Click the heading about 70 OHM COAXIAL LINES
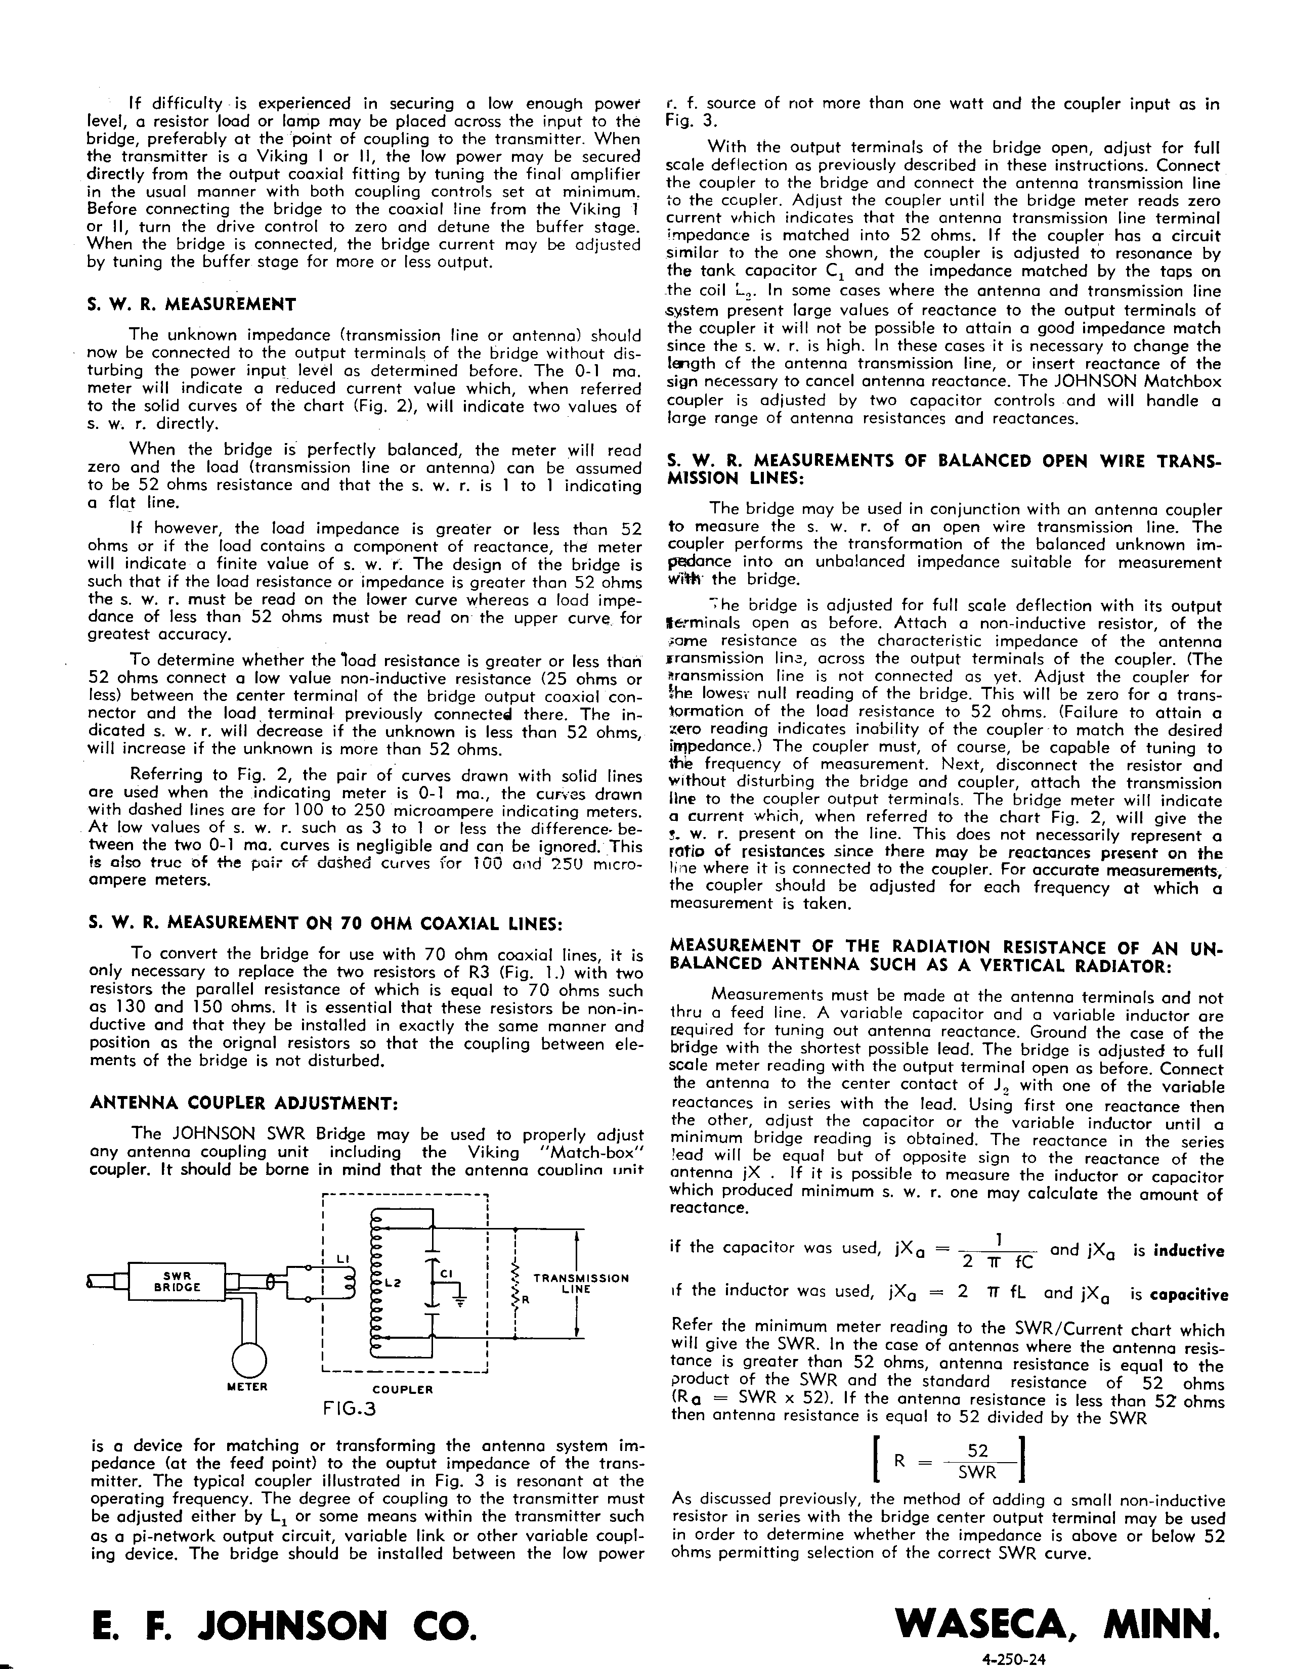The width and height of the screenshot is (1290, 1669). pyautogui.click(x=326, y=923)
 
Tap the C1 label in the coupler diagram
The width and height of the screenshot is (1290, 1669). pyautogui.click(x=446, y=1273)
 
